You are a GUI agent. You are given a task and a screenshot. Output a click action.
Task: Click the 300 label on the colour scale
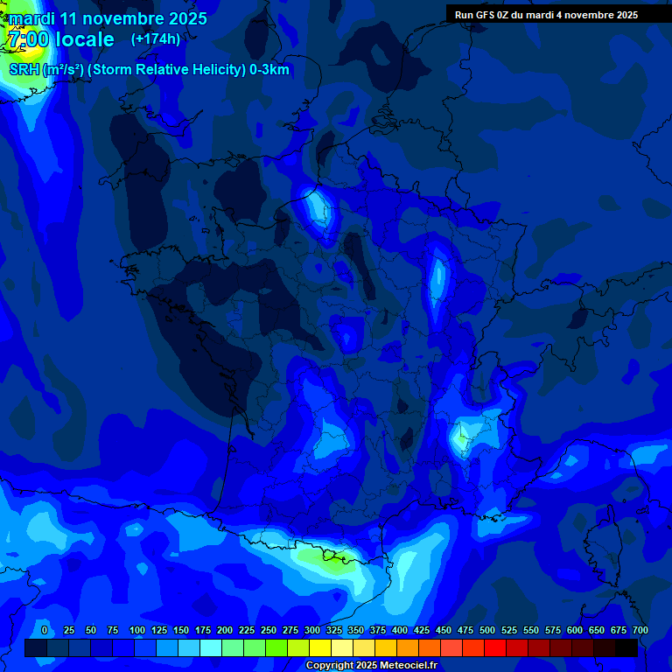(x=312, y=630)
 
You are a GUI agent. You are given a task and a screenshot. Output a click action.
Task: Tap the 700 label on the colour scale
(x=640, y=630)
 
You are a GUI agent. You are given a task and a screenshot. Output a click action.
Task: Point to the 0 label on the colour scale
(x=45, y=630)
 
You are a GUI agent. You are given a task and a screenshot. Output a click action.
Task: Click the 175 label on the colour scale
(x=203, y=630)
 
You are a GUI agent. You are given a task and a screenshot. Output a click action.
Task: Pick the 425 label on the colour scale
(x=422, y=630)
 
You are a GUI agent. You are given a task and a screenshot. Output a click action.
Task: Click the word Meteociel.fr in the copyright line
(x=406, y=666)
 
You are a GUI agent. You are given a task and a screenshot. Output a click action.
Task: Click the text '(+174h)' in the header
(x=156, y=38)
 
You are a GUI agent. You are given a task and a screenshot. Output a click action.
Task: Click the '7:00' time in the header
(x=26, y=39)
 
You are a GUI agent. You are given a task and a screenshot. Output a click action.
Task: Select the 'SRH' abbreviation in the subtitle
(x=24, y=70)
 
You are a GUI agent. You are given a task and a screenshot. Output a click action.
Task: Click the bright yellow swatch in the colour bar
(x=320, y=648)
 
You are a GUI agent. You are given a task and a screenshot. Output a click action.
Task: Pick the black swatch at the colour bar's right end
(x=626, y=648)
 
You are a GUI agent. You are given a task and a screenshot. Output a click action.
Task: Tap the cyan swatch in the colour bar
(x=211, y=648)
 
